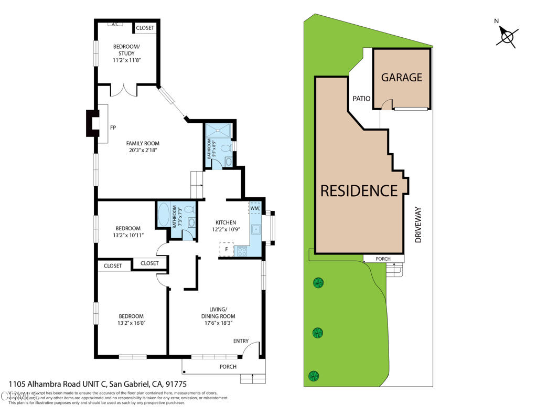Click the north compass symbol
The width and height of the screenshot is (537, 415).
click(x=507, y=37)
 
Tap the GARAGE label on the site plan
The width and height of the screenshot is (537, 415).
click(x=401, y=77)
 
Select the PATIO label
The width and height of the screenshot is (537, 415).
click(x=361, y=98)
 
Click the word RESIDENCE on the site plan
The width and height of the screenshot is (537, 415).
click(x=359, y=190)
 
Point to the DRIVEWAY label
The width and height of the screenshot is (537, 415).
click(x=418, y=224)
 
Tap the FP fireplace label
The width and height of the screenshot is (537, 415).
click(x=113, y=127)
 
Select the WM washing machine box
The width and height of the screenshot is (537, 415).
click(x=254, y=208)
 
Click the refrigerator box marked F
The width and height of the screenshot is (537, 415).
click(x=226, y=250)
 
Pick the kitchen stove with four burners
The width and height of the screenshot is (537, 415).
click(x=243, y=251)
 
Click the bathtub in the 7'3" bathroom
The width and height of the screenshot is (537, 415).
click(x=164, y=216)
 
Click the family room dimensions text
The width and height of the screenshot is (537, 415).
click(x=143, y=151)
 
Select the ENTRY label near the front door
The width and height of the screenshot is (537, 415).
click(x=241, y=341)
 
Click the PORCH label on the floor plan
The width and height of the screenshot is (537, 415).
click(x=228, y=366)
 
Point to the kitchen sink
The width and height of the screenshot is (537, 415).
click(x=256, y=229)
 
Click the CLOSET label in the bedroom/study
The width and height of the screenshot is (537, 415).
click(x=145, y=28)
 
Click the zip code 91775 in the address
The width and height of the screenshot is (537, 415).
click(x=176, y=384)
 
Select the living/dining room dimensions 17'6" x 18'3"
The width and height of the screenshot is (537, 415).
click(x=218, y=324)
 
